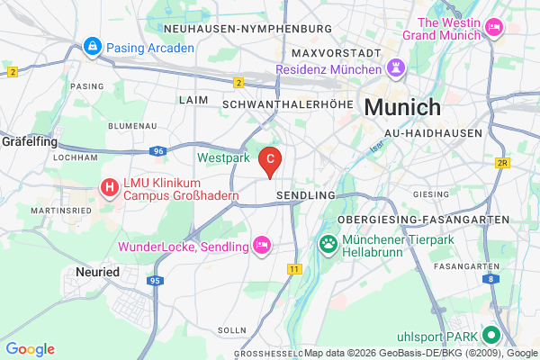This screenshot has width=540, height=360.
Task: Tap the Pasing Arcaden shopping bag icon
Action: [92, 45]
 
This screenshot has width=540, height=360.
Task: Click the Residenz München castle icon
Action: [394, 68]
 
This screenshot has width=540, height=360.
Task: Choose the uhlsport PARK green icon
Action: [490, 336]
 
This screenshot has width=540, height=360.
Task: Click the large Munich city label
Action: [402, 107]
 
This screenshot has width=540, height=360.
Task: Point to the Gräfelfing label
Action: [30, 141]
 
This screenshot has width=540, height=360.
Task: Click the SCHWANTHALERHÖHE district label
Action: [292, 103]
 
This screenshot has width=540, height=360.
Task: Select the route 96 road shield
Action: [157, 151]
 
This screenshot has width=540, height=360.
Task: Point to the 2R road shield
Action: [503, 163]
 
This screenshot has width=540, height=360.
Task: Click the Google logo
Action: [30, 349]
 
